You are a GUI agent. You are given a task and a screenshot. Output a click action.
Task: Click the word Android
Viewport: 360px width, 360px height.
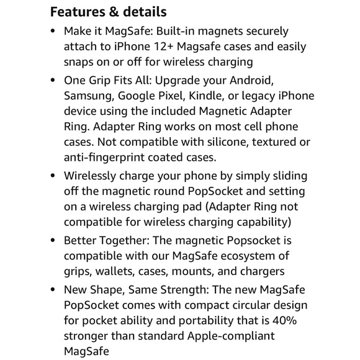point(264,81)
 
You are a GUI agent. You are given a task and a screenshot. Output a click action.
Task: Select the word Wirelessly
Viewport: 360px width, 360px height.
point(92,176)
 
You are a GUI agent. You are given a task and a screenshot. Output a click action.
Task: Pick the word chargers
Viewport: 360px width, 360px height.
point(261,271)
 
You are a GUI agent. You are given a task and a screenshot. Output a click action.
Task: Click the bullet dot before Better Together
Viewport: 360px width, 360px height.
point(52,241)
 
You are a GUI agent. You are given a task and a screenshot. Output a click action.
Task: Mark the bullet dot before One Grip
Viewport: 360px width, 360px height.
point(52,81)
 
